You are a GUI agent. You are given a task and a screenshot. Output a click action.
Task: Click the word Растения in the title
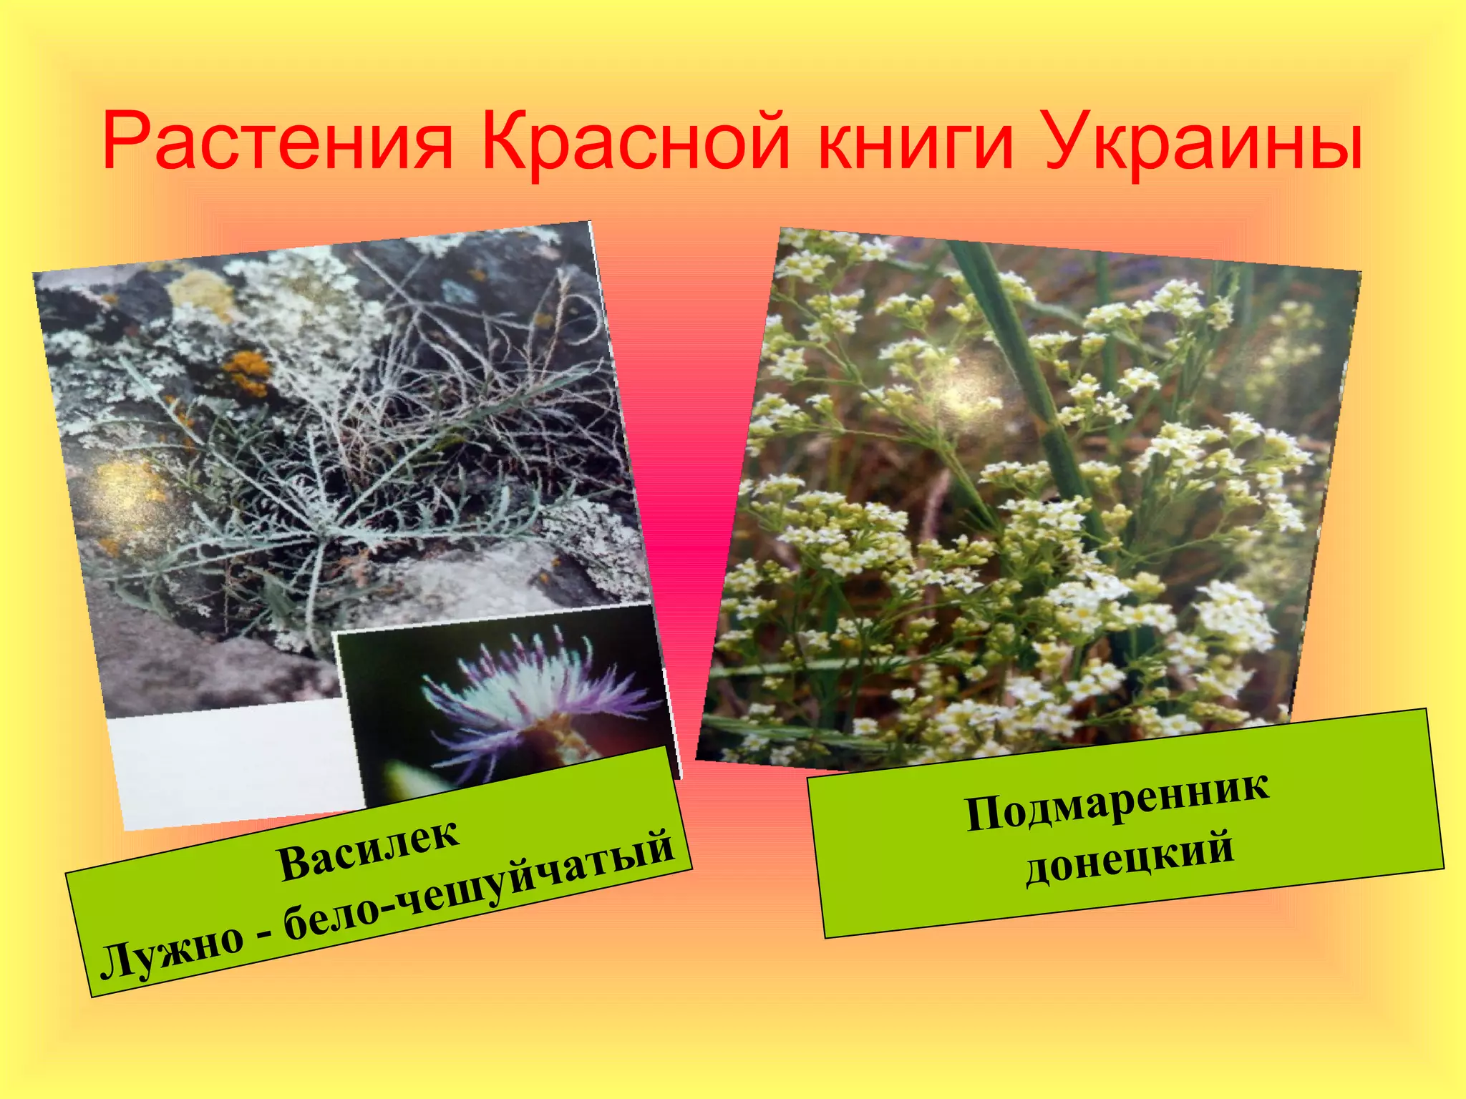click(278, 142)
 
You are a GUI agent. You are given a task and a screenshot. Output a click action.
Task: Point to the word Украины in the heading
click(1203, 142)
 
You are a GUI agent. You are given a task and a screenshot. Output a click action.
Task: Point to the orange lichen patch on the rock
click(247, 372)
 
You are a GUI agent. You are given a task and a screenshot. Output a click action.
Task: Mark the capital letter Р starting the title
click(127, 142)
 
